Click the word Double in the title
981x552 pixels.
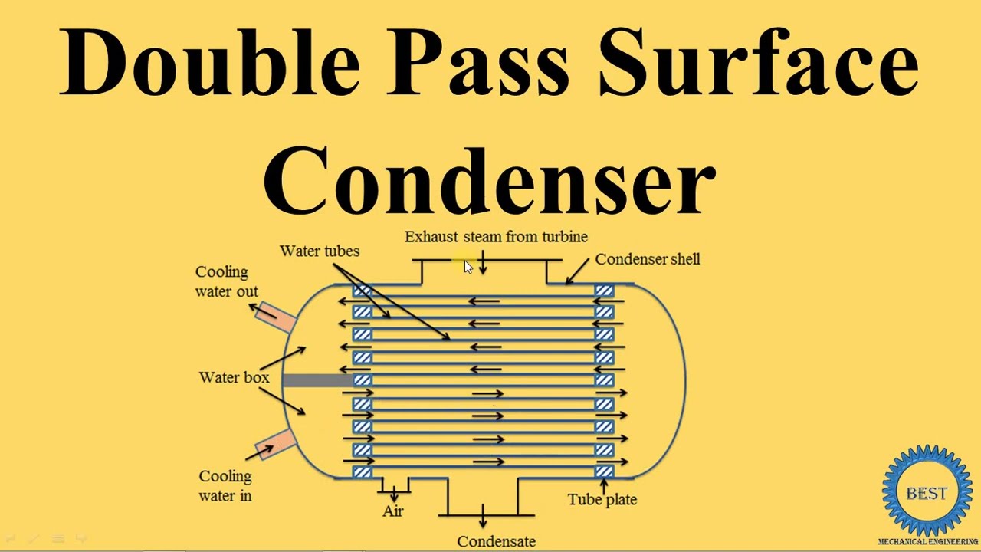209,61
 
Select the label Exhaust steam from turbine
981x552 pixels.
496,237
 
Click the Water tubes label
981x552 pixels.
320,251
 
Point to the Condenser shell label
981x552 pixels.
648,259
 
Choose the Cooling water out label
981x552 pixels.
226,281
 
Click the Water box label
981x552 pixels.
234,377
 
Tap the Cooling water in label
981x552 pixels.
225,486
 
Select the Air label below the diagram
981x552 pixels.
393,511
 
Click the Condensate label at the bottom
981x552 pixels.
496,542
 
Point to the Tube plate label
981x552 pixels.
602,499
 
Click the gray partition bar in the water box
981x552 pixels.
318,380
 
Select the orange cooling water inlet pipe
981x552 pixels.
276,444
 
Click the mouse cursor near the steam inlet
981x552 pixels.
468,266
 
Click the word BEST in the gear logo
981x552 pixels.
927,494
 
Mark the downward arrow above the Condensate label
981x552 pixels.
483,516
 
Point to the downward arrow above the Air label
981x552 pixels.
394,494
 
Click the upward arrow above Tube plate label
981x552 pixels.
605,487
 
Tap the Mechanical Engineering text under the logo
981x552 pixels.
927,542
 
